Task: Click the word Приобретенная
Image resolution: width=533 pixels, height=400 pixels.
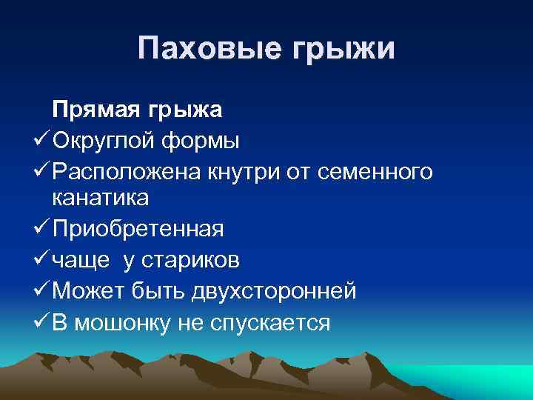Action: click(138, 229)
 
